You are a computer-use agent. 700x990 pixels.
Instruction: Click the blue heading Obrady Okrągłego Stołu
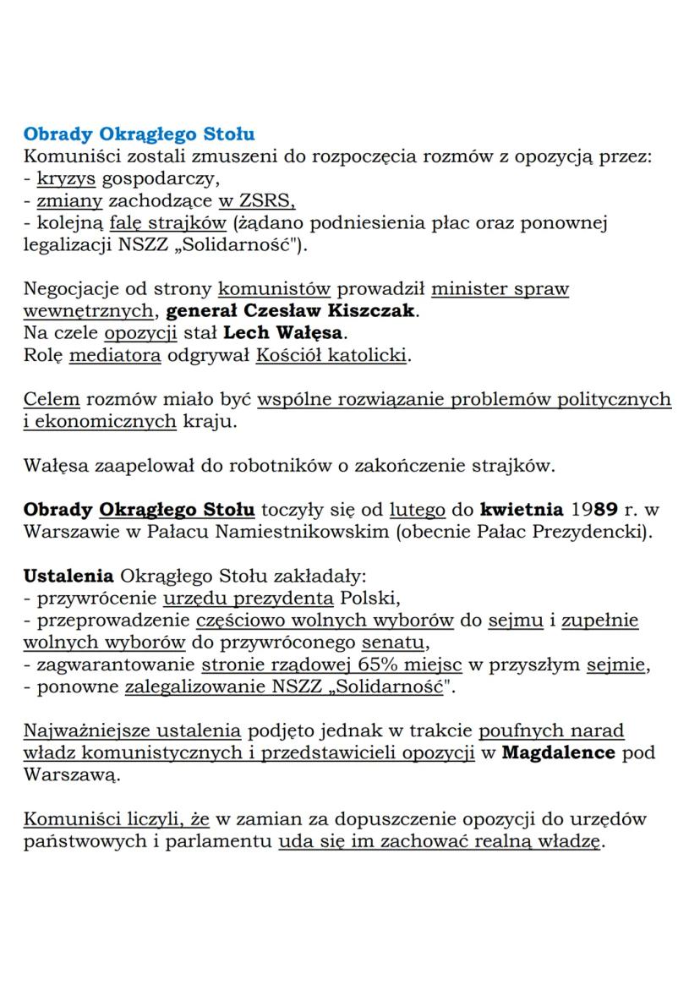click(x=139, y=134)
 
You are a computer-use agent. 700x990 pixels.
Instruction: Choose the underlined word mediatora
click(x=115, y=355)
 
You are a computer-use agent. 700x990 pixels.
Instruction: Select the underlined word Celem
click(x=52, y=399)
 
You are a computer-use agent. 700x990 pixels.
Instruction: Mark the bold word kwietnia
click(x=521, y=510)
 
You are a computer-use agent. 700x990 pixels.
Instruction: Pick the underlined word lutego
click(x=417, y=510)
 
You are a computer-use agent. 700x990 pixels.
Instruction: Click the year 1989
click(x=599, y=510)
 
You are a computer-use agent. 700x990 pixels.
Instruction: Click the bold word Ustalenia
click(x=68, y=576)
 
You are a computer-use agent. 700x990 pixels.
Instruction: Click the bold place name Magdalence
click(x=558, y=752)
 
